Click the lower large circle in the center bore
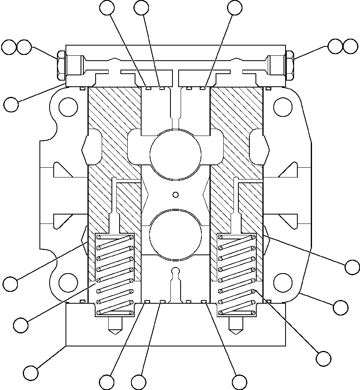[x=176, y=234]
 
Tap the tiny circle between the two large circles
[x=176, y=195]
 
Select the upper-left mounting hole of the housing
[x=68, y=107]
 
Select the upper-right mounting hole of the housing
[x=283, y=107]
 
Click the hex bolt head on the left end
[x=61, y=65]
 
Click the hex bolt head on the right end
[x=290, y=65]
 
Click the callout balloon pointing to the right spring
[x=324, y=358]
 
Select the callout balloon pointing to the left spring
[x=21, y=325]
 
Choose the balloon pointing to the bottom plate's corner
[x=31, y=372]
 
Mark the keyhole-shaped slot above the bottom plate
[x=176, y=281]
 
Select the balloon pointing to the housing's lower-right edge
[x=340, y=307]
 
